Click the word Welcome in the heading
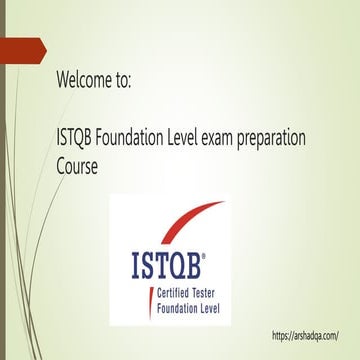coord(85,81)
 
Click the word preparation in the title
coord(309,139)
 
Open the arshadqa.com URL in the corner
coord(311,336)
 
